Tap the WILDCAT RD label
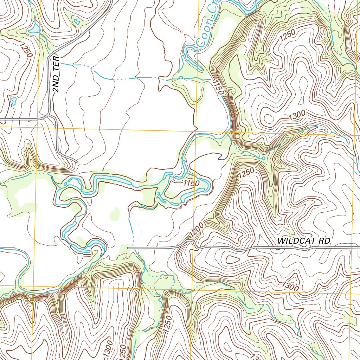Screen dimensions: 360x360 pyautogui.click(x=304, y=242)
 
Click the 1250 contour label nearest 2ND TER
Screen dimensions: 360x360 pyautogui.click(x=26, y=50)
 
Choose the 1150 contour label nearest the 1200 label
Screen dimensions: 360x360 pyautogui.click(x=191, y=183)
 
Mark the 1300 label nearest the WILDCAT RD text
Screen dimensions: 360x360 pyautogui.click(x=290, y=286)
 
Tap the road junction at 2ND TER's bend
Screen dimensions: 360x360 pyautogui.click(x=49, y=116)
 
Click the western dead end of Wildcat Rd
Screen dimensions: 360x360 pyautogui.click(x=128, y=248)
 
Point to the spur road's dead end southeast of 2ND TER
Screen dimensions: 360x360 pyautogui.click(x=77, y=162)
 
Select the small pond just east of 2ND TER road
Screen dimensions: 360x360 pyautogui.click(x=76, y=22)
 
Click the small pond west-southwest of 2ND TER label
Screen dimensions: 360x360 pyautogui.click(x=14, y=101)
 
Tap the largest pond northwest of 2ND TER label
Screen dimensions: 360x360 pyautogui.click(x=34, y=29)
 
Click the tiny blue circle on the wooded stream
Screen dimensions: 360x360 pyautogui.click(x=264, y=158)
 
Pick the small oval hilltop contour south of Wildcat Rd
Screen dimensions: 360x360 pyautogui.click(x=232, y=260)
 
